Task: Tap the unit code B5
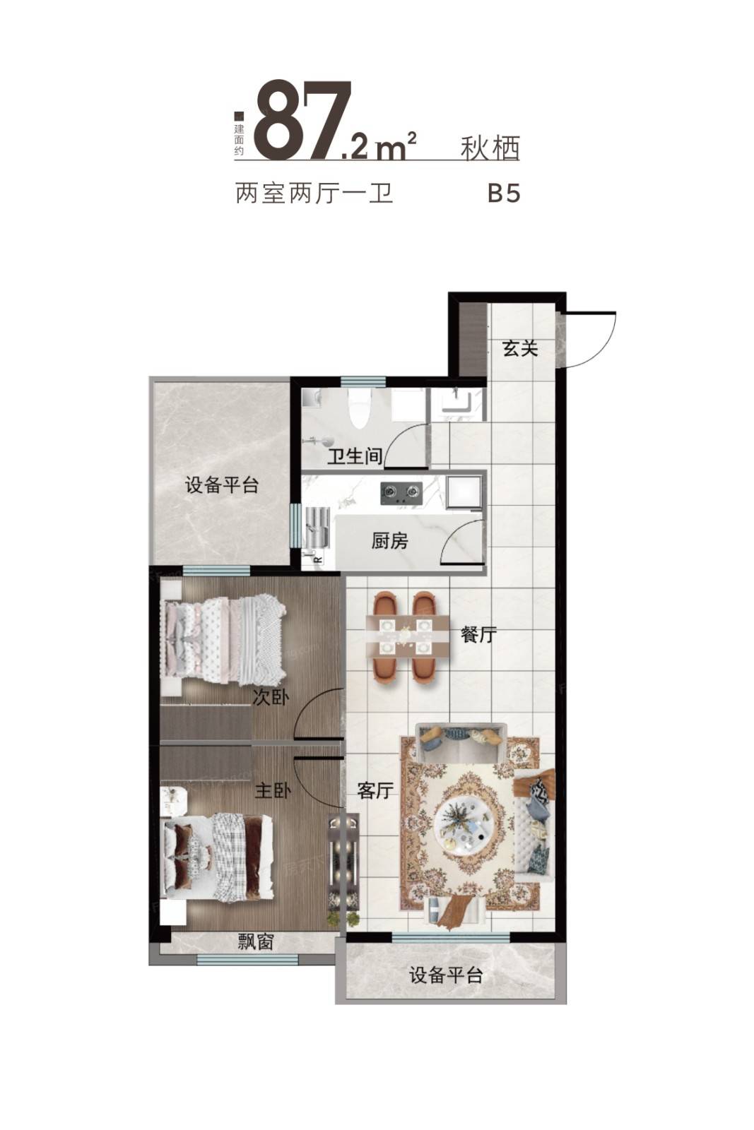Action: tap(504, 194)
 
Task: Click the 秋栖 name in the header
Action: tap(490, 148)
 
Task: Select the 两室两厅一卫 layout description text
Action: tap(314, 194)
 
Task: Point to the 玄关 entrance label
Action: tap(521, 348)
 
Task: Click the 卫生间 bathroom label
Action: tap(355, 456)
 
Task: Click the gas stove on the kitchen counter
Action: tap(401, 492)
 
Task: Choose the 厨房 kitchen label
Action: tap(389, 542)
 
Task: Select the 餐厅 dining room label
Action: tap(478, 634)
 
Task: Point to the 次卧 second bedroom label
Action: tap(271, 698)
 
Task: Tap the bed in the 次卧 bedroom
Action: tap(223, 639)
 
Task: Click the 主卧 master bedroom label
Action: tap(272, 790)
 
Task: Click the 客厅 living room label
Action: tap(375, 790)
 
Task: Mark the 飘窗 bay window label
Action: tap(255, 942)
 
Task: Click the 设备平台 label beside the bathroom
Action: tap(222, 485)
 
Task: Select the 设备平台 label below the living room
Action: tap(446, 975)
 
